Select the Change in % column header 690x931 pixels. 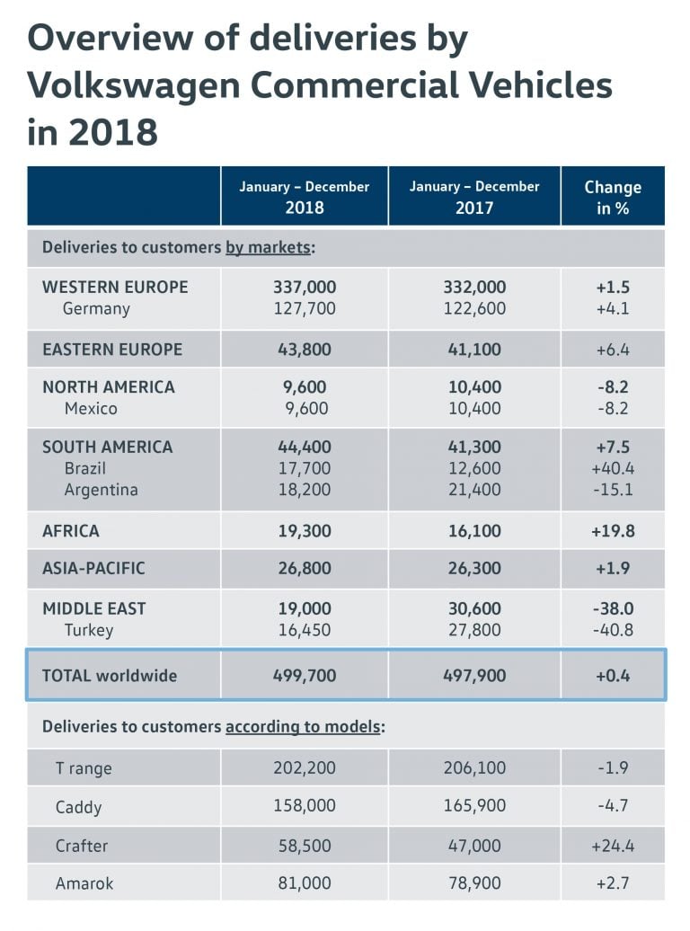coord(613,197)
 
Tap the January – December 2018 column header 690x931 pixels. coord(304,197)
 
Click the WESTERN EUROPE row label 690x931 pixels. coord(115,288)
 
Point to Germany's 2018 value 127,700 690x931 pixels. coord(305,309)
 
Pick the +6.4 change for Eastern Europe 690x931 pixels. coord(613,350)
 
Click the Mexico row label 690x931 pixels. coord(91,409)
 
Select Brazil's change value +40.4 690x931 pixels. coord(613,468)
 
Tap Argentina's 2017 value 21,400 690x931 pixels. coord(474,490)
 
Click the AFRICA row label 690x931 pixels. coord(71,531)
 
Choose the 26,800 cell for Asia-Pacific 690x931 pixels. coord(305,569)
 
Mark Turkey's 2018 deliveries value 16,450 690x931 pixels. coord(305,630)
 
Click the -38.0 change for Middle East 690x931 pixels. coord(613,608)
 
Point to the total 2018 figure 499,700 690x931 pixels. coord(305,676)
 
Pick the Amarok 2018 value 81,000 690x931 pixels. coord(305,884)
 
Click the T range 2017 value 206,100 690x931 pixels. coord(474,768)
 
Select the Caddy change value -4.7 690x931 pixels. coord(613,807)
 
